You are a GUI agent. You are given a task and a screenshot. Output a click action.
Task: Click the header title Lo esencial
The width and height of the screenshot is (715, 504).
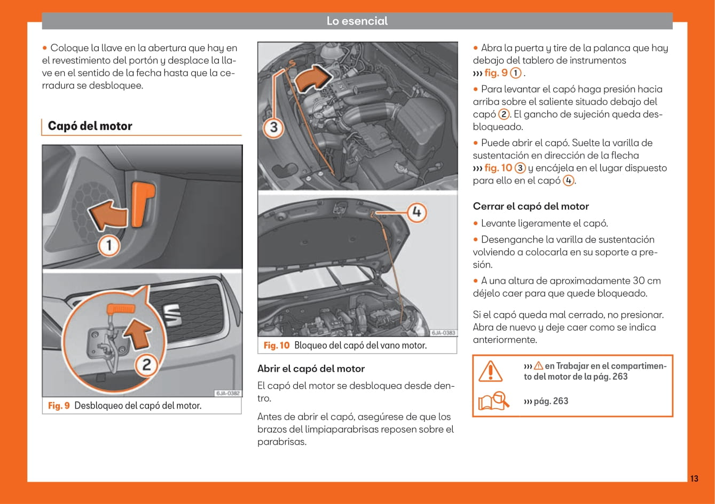[357, 21]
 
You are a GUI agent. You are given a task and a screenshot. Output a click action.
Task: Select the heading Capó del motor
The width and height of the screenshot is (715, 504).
[90, 126]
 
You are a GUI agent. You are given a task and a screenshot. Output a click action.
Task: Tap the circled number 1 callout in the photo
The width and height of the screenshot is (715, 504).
[109, 245]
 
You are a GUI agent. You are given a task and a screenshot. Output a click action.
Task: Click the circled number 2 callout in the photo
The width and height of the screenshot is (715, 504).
[145, 365]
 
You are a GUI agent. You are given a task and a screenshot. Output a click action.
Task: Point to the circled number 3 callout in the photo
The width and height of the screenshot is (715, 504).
[273, 127]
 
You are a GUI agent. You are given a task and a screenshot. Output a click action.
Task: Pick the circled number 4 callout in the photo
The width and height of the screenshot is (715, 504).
[417, 212]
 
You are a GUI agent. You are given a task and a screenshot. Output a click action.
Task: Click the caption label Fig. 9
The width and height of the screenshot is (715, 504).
[59, 406]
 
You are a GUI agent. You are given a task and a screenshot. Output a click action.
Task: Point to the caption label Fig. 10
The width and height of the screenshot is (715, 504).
[276, 346]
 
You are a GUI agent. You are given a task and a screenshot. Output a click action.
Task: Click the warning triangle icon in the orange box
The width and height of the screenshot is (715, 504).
[490, 371]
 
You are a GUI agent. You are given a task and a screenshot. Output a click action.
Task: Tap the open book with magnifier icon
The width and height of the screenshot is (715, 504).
[493, 401]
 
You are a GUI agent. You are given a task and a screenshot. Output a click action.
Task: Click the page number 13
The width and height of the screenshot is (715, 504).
[694, 478]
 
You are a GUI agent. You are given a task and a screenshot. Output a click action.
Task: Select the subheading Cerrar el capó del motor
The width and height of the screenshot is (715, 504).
[530, 206]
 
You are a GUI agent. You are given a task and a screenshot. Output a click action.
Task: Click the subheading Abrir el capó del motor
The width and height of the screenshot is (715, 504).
[311, 369]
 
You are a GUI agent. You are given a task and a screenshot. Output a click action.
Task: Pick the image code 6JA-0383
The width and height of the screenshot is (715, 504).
[443, 333]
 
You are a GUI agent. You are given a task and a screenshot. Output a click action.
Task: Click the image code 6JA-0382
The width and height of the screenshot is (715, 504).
[228, 393]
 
